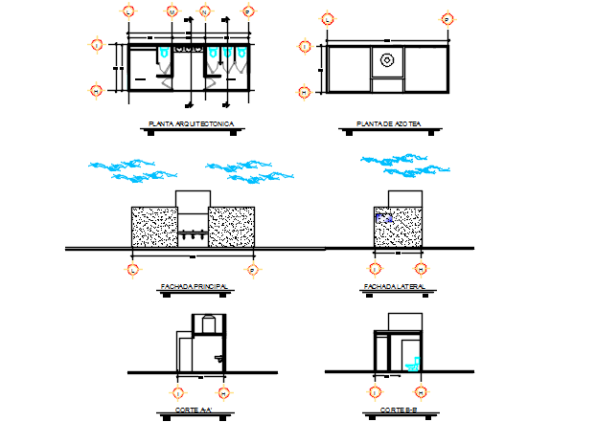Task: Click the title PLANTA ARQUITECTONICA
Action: [x=187, y=124]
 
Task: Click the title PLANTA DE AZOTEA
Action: [x=381, y=124]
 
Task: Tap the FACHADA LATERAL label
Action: [x=394, y=286]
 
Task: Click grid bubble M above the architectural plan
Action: [x=172, y=11]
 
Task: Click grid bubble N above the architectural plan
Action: [x=205, y=11]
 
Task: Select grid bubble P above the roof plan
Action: [x=447, y=18]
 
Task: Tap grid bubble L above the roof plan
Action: [x=328, y=18]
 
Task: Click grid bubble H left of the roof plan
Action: [x=305, y=92]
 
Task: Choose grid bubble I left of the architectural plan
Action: [x=96, y=43]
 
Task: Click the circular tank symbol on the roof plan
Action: [x=387, y=59]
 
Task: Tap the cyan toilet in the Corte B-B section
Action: [x=413, y=363]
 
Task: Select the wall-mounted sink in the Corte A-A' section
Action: [x=220, y=356]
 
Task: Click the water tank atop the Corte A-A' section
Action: [x=206, y=323]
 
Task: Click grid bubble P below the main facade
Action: [x=253, y=270]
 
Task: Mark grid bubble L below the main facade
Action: [x=131, y=270]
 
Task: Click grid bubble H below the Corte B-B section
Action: [x=421, y=391]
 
